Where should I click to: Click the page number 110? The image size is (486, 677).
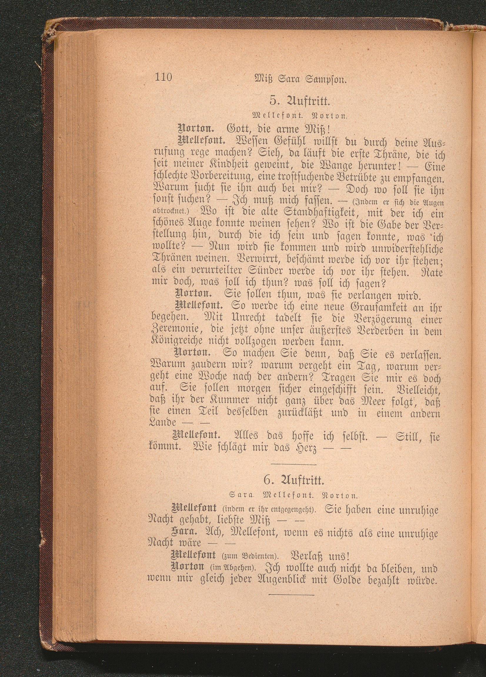163,78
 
